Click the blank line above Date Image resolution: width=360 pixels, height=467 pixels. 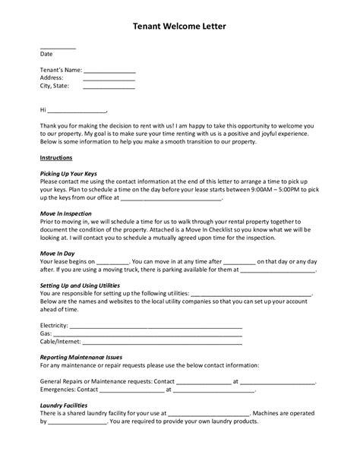[x=58, y=48]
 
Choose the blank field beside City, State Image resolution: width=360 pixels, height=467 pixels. [x=109, y=87]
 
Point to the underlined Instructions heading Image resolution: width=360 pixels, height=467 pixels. [x=55, y=158]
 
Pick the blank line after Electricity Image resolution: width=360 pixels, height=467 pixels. [x=156, y=326]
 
